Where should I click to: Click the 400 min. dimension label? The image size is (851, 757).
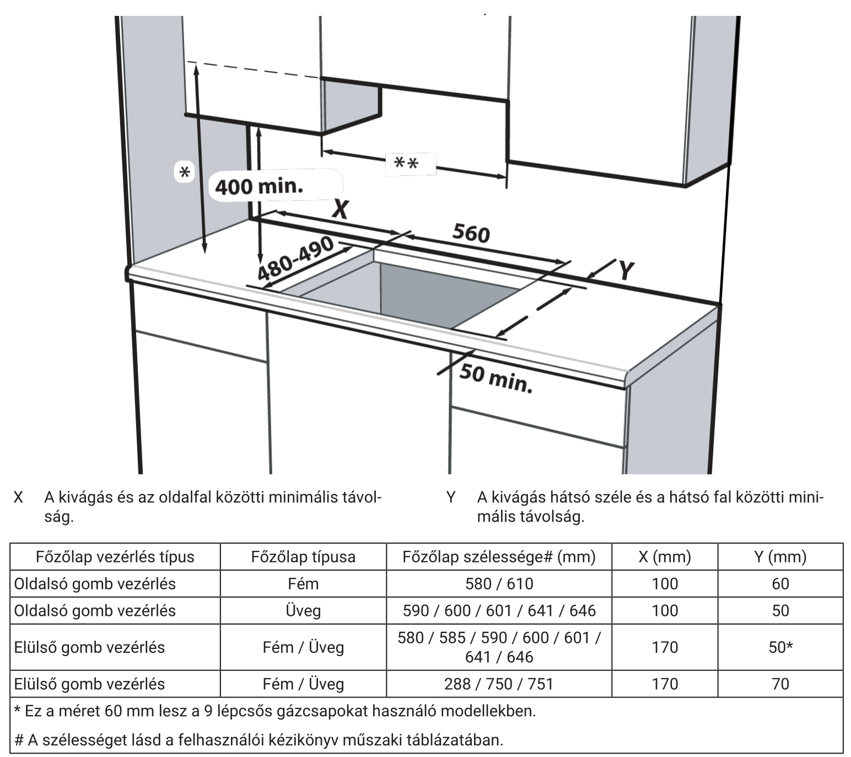pyautogui.click(x=258, y=186)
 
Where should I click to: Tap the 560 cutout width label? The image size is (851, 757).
pyautogui.click(x=471, y=234)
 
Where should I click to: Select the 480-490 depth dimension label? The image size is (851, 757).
pyautogui.click(x=296, y=259)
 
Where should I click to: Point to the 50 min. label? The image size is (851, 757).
pyautogui.click(x=496, y=379)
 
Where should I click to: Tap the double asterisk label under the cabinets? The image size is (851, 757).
pyautogui.click(x=406, y=164)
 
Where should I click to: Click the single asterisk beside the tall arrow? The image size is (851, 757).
pyautogui.click(x=185, y=173)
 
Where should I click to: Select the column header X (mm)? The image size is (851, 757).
pyautogui.click(x=665, y=556)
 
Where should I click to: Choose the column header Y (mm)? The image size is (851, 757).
pyautogui.click(x=780, y=556)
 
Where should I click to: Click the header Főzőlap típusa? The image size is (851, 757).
pyautogui.click(x=303, y=556)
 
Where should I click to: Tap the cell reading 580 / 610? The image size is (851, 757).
pyautogui.click(x=499, y=583)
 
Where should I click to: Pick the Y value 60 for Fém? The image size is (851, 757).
pyautogui.click(x=780, y=583)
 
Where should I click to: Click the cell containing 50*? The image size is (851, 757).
pyautogui.click(x=781, y=647)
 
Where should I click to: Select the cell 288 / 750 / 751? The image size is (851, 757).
pyautogui.click(x=499, y=684)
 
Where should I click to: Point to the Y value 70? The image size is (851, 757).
pyautogui.click(x=780, y=684)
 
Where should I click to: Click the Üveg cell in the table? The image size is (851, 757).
pyautogui.click(x=303, y=610)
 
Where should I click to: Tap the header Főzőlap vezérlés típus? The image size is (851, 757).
pyautogui.click(x=115, y=556)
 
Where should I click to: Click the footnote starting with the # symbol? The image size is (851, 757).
pyautogui.click(x=258, y=739)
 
